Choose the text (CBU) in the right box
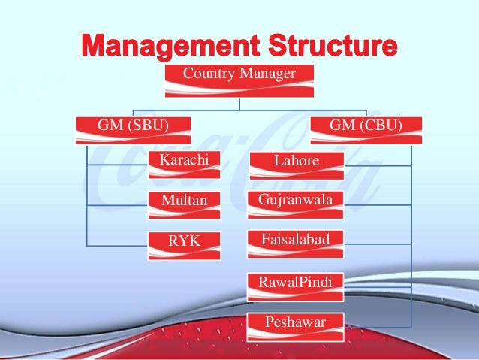click(x=379, y=124)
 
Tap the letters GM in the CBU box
click(x=342, y=124)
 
